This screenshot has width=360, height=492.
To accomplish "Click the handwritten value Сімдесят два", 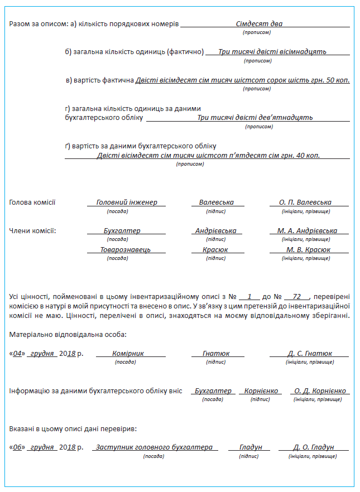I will point(259,24).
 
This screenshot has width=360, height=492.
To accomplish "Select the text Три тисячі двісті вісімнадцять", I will point(272,51).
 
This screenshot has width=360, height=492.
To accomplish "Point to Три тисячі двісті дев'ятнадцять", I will point(255,118).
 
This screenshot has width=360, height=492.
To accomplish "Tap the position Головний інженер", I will point(127,202).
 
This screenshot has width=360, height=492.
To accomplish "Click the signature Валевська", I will point(216,202).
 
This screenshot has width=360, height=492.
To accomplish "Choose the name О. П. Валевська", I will point(305,202).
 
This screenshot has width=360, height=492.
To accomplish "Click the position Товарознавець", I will point(125,250).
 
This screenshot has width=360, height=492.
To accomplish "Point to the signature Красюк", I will point(215,250).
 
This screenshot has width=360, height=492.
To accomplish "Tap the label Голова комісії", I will point(32,202).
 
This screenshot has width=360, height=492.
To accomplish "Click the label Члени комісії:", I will point(33,231).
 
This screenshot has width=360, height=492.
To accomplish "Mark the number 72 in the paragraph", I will point(296,297).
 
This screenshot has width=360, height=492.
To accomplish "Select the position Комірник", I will point(128,354).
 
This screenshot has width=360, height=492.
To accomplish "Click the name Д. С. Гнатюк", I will point(310,354).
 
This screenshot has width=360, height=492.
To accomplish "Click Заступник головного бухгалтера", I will point(153,447).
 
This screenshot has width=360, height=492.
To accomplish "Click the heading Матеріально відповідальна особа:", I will point(68,335).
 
